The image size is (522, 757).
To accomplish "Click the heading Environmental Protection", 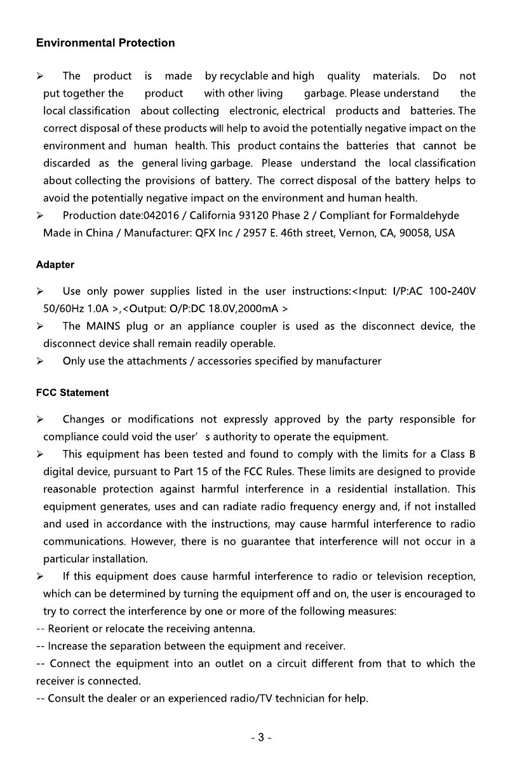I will [x=105, y=43].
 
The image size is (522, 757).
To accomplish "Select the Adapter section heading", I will [x=55, y=264].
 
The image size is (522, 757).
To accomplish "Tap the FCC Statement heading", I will [x=72, y=393].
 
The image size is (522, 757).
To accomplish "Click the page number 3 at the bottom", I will [x=260, y=738].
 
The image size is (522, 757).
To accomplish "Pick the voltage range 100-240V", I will [x=452, y=292].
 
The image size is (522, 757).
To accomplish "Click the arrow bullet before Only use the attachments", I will [x=40, y=361].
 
